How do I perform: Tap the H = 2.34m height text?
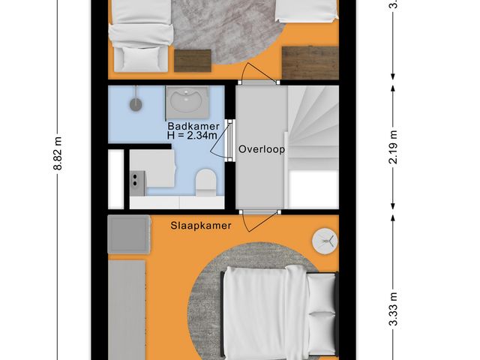click(x=192, y=136)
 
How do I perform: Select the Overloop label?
click(x=262, y=149)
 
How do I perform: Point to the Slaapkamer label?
click(x=200, y=225)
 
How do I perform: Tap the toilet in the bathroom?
click(x=205, y=182)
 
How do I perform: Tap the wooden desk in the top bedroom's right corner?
click(x=310, y=61)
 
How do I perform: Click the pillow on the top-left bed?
click(x=138, y=57)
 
